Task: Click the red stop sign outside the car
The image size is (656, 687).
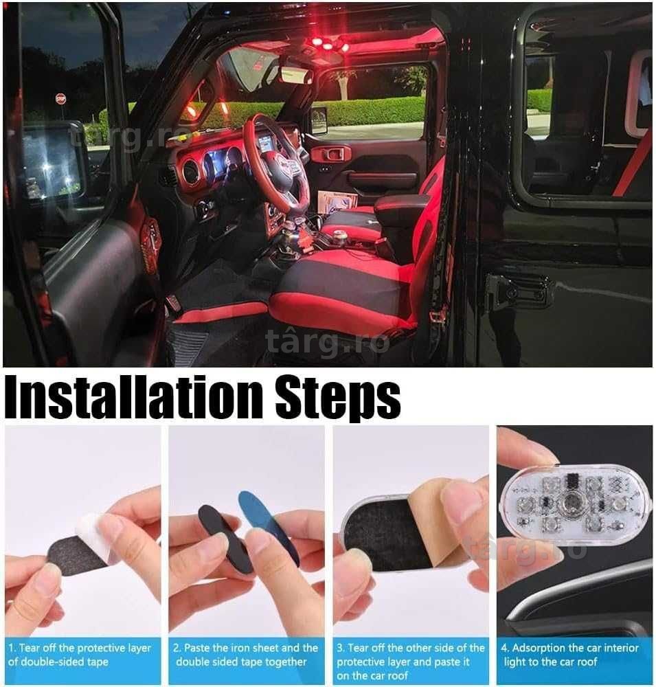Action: click(61, 99)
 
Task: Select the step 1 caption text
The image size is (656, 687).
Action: click(79, 655)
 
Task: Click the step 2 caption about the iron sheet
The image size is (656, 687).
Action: click(245, 655)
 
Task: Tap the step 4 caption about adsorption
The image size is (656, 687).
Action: click(569, 655)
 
